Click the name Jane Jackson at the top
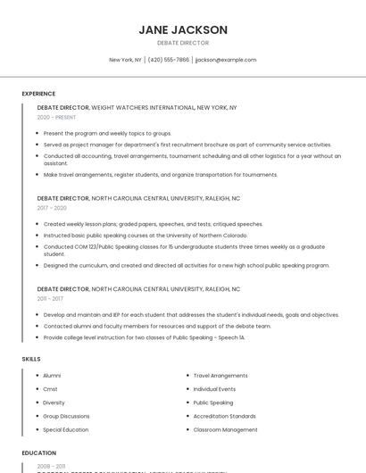pyautogui.click(x=183, y=29)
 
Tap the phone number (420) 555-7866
pyautogui.click(x=169, y=60)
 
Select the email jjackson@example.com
pyautogui.click(x=225, y=60)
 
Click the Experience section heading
pyautogui.click(x=38, y=93)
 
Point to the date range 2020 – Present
pyautogui.click(x=56, y=117)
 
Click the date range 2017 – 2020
pyautogui.click(x=52, y=208)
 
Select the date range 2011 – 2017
pyautogui.click(x=51, y=299)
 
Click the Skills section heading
pyautogui.click(x=31, y=358)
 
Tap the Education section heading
pyautogui.click(x=39, y=452)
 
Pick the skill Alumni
pyautogui.click(x=52, y=376)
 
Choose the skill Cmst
pyautogui.click(x=50, y=389)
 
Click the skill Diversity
pyautogui.click(x=54, y=402)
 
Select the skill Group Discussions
pyautogui.click(x=66, y=416)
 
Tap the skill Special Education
pyautogui.click(x=65, y=429)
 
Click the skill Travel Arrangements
pyautogui.click(x=220, y=376)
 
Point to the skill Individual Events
pyautogui.click(x=214, y=389)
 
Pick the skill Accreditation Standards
pyautogui.click(x=224, y=416)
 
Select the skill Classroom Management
pyautogui.click(x=225, y=429)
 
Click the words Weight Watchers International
pyautogui.click(x=143, y=107)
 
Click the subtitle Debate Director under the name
pyautogui.click(x=183, y=43)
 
